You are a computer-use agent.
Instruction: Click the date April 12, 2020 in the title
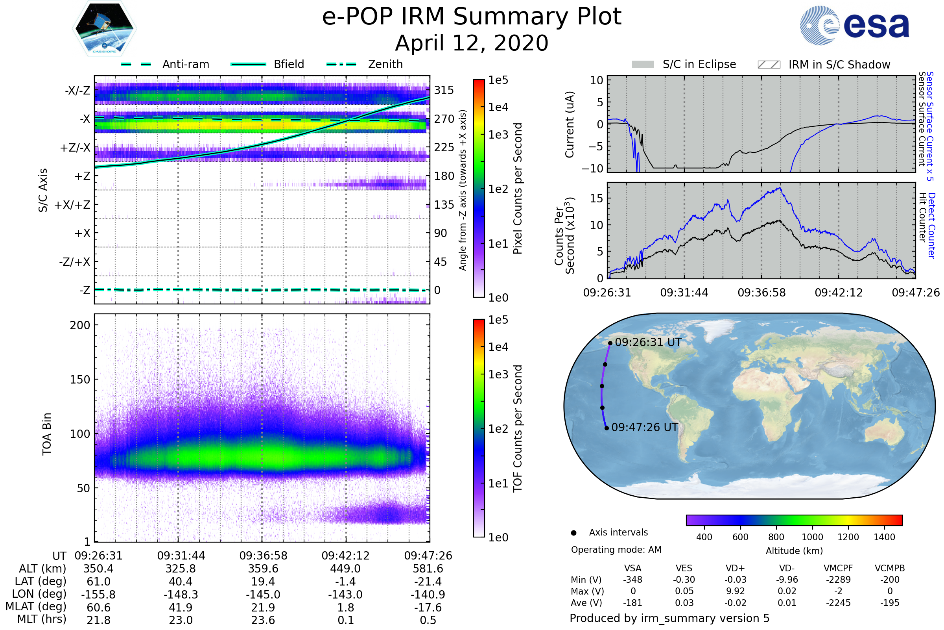pos(472,43)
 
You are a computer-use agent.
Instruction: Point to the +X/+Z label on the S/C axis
pos(72,205)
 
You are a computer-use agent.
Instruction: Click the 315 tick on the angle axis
pos(444,90)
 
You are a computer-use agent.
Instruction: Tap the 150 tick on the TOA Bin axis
pos(80,380)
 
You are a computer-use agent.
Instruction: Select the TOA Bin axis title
pos(46,434)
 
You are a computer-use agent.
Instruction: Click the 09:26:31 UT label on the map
pos(648,342)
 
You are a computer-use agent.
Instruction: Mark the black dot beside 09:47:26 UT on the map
pos(607,428)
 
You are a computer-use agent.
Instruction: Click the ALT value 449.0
pos(345,569)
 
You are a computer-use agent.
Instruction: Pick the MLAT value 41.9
pos(181,608)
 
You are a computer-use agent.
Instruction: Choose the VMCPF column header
pos(838,569)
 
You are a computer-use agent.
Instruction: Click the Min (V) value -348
pos(632,580)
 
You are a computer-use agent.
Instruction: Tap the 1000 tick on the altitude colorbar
pos(812,537)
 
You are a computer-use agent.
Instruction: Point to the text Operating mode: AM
pos(616,550)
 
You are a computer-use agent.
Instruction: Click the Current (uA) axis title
pos(570,124)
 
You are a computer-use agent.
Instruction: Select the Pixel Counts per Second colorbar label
pos(518,188)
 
